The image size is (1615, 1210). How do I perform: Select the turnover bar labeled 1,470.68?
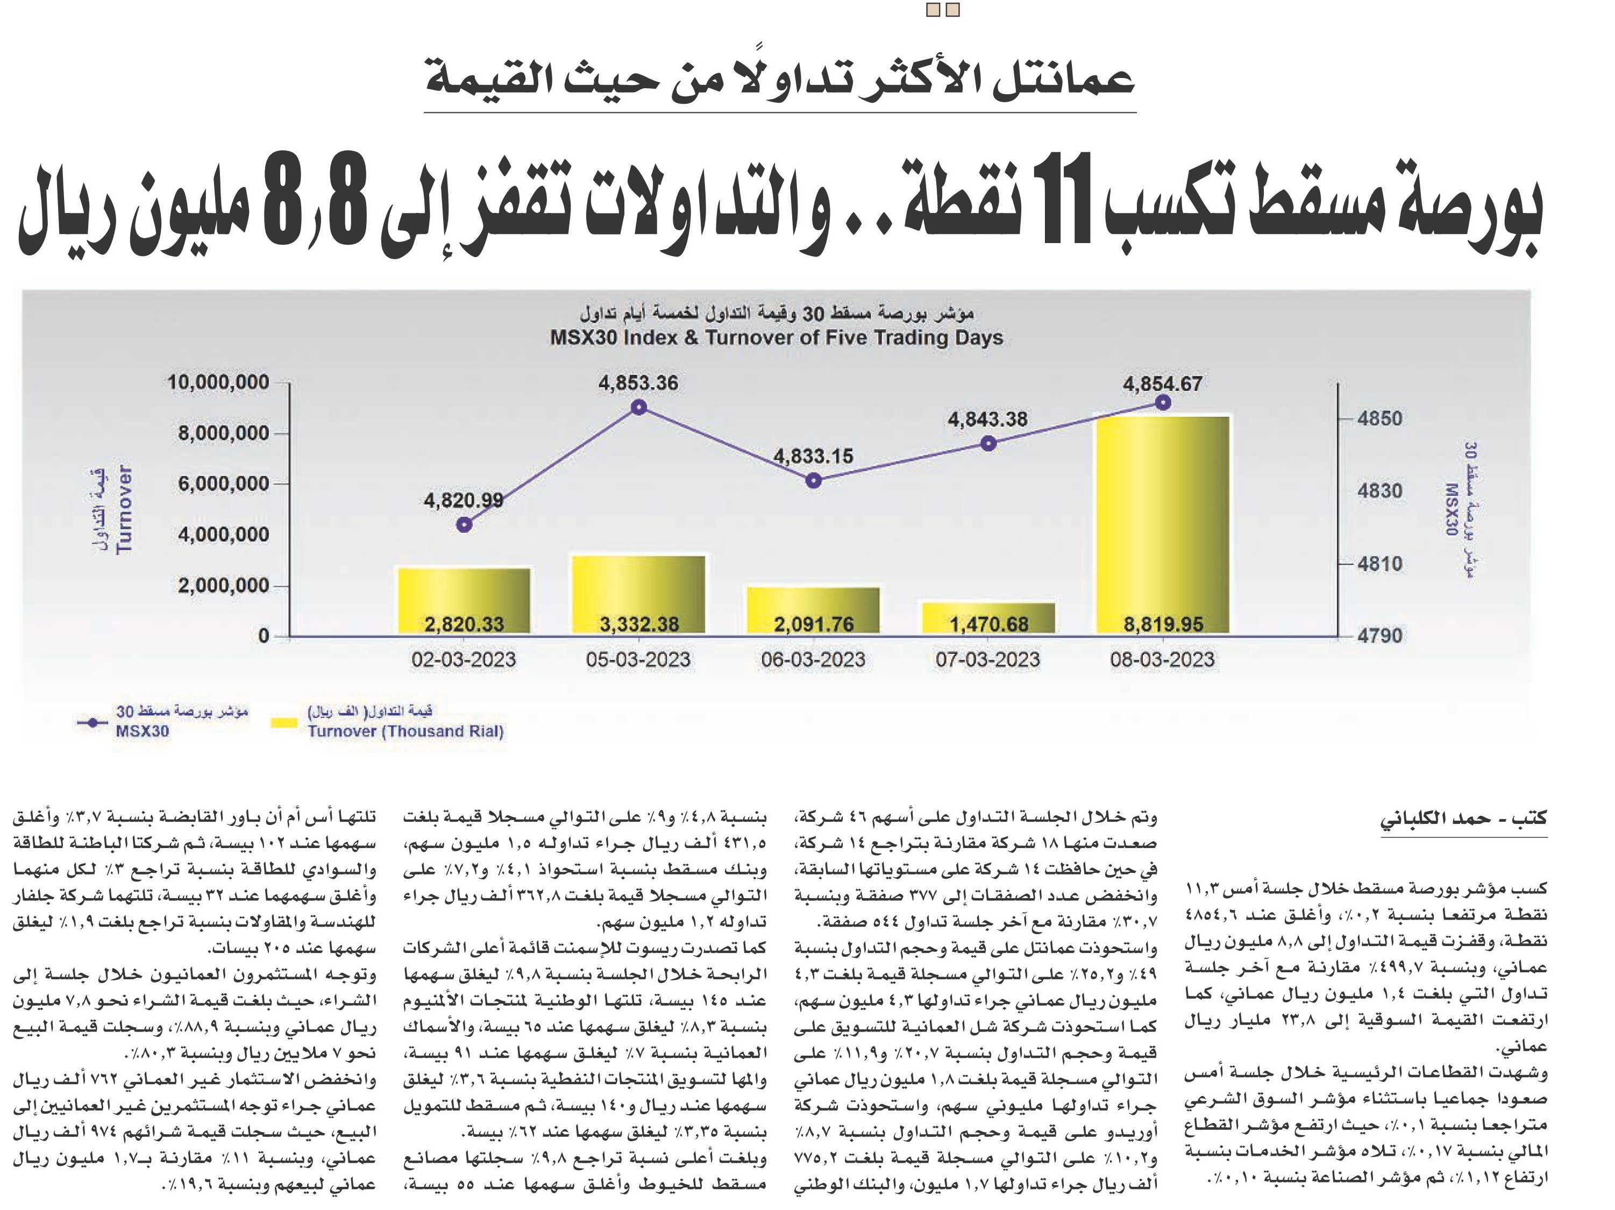(x=988, y=618)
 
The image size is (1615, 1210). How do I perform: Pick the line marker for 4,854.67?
(x=1164, y=402)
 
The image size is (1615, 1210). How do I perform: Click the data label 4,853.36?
(x=638, y=383)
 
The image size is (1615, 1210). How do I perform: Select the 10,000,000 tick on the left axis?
(x=218, y=382)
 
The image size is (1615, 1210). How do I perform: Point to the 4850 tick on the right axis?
(x=1379, y=418)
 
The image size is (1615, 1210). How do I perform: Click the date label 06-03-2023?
(x=813, y=659)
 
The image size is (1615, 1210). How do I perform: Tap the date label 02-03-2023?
(x=464, y=659)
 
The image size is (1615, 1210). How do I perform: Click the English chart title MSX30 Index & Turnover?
(x=777, y=337)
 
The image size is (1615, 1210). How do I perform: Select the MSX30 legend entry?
(x=162, y=721)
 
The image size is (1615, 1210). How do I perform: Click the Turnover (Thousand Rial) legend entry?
(x=387, y=722)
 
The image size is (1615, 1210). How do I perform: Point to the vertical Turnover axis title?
(x=124, y=509)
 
